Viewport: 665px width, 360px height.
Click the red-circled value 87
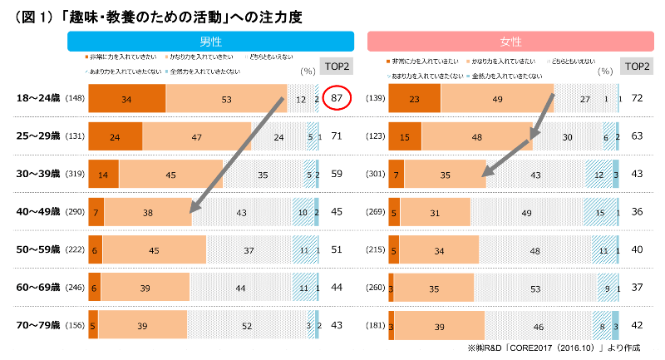pos(337,99)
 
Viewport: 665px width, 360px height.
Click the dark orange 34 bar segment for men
pos(126,99)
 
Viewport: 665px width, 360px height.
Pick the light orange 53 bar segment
pos(226,99)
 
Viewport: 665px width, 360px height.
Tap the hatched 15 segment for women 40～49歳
pos(598,212)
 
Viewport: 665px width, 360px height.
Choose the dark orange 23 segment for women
pos(414,99)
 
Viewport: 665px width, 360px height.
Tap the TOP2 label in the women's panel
pos(638,67)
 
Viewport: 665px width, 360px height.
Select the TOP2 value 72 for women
pos(638,99)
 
